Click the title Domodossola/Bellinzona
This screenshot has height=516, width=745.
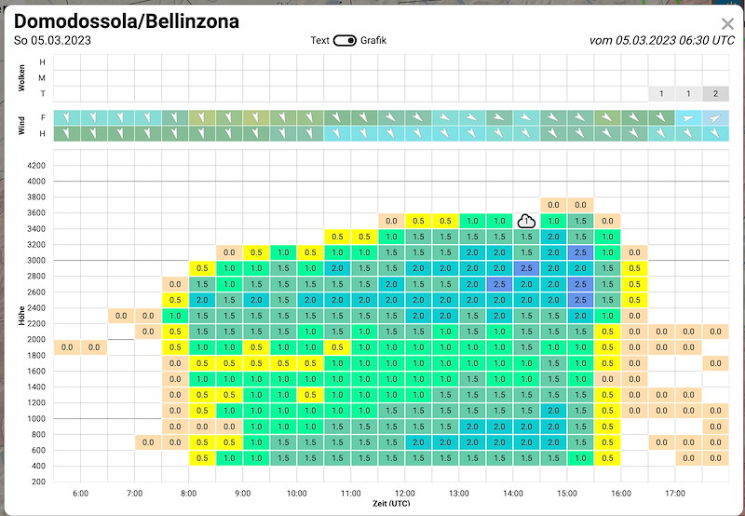coord(127,21)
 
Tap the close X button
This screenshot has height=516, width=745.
coord(727,24)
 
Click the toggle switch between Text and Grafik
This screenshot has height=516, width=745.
coord(345,40)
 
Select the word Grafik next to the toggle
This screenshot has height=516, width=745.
coord(373,40)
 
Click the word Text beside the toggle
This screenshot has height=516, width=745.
coord(319,40)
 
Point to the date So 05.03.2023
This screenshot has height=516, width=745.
coord(52,40)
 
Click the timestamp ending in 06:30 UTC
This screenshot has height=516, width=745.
coord(662,40)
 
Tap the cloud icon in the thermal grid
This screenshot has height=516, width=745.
coord(526,221)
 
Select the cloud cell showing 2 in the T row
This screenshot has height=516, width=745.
coord(715,93)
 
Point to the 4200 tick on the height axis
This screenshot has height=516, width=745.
coord(36,166)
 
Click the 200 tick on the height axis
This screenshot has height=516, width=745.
coord(38,482)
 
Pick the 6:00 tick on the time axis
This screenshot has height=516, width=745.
coord(81,494)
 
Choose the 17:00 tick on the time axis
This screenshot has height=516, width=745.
coord(675,494)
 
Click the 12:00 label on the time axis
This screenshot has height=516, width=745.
coord(405,494)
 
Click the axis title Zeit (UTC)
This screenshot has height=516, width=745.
coord(391,504)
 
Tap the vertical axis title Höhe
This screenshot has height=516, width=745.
coord(21,316)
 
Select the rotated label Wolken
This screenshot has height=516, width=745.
coord(21,78)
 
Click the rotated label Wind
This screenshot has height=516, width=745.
coord(21,126)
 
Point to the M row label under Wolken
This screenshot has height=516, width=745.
coord(43,78)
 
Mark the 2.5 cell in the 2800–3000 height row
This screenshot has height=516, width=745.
coord(526,268)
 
